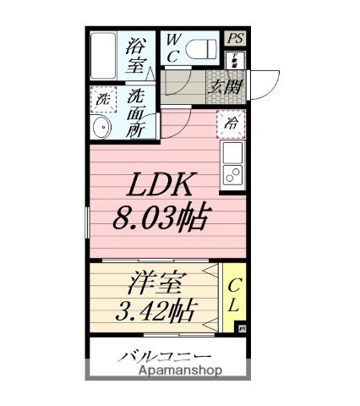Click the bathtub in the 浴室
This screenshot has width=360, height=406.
coord(105,56)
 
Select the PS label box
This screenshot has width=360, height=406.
coord(235,38)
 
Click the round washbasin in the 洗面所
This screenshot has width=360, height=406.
coord(101,129)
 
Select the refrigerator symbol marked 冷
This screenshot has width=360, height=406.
coord(231,123)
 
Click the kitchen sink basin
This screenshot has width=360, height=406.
coord(232,154)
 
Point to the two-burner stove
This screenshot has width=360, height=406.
coord(232,175)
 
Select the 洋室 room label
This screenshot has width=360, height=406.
coord(158,282)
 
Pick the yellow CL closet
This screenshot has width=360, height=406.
coord(234,295)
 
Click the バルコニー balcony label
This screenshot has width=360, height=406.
coord(166,355)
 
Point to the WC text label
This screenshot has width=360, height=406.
coord(172,49)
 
